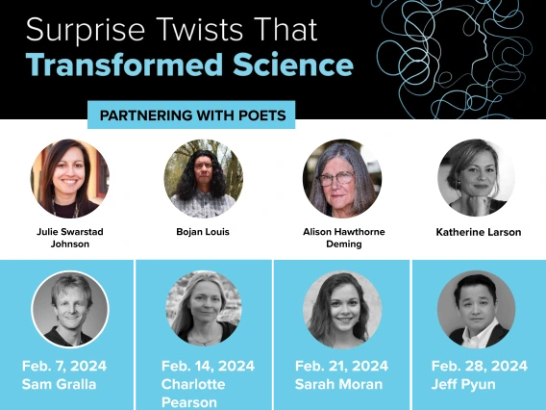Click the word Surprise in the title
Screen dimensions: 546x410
(x=86, y=31)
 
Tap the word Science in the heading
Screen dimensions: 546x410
(x=293, y=64)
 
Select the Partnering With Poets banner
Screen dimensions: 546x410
(x=191, y=115)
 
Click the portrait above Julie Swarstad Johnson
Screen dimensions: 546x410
(x=69, y=178)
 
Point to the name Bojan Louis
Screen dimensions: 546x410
(x=203, y=232)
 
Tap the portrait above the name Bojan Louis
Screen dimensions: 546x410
(x=204, y=178)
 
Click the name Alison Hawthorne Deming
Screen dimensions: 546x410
(x=344, y=238)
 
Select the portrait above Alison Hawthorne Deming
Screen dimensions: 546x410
(x=342, y=178)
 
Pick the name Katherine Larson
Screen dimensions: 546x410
(x=479, y=232)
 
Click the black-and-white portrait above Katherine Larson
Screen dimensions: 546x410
(x=477, y=178)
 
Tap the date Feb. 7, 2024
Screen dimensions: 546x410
(x=64, y=366)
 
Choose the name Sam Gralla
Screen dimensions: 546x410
(x=59, y=384)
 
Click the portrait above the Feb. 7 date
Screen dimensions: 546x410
(x=70, y=309)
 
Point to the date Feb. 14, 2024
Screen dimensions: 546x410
(x=208, y=366)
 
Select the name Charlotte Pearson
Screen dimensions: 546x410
(x=193, y=394)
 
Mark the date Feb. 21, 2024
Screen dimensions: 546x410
(x=341, y=366)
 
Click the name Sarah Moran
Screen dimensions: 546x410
(x=338, y=384)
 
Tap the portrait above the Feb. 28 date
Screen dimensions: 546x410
(x=477, y=309)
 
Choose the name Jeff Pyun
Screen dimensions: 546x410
(x=463, y=385)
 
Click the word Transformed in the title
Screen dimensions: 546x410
(x=124, y=64)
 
